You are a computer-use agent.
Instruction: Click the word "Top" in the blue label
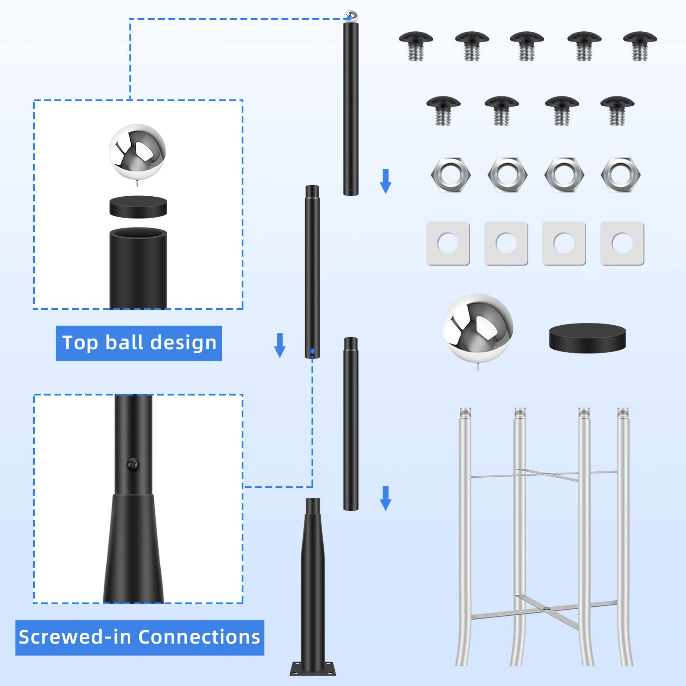(80, 343)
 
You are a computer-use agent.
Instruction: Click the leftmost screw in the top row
(416, 45)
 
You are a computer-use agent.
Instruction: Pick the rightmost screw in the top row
(640, 45)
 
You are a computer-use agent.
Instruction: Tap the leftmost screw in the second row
(443, 110)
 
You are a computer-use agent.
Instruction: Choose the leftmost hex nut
(451, 174)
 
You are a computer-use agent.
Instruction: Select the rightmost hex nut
(620, 174)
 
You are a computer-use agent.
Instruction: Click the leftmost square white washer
(448, 243)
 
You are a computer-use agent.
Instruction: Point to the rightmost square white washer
(622, 243)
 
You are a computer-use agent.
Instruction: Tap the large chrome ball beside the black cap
(478, 328)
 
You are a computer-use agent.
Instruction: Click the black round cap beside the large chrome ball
(587, 338)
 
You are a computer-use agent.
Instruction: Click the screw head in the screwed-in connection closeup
(133, 464)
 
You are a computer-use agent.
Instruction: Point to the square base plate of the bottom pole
(313, 668)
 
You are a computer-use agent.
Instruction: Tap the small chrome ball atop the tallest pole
(351, 16)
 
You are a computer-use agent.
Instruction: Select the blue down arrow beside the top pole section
(386, 181)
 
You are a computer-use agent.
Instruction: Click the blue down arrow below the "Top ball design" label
(280, 345)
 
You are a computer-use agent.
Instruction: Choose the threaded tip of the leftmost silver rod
(465, 413)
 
